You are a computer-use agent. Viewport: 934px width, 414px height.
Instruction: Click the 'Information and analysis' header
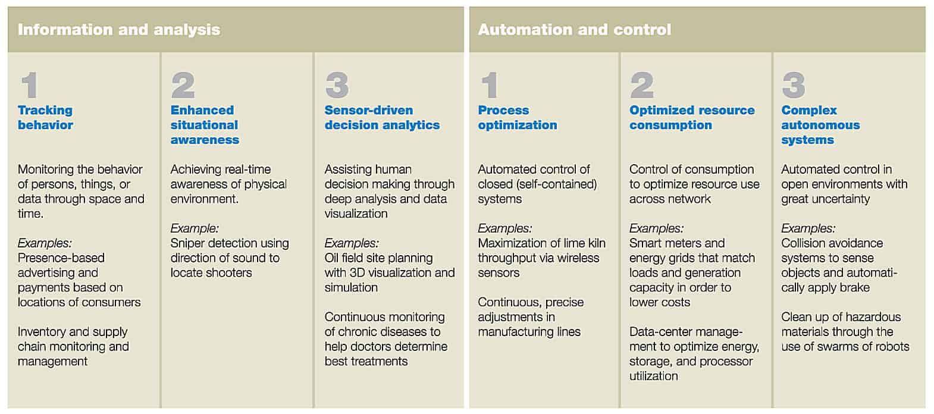[119, 30]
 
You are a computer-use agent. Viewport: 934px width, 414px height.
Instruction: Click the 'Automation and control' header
[574, 30]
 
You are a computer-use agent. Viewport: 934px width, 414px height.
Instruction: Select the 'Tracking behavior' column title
[45, 118]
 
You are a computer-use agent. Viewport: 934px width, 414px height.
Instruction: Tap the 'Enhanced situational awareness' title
[205, 125]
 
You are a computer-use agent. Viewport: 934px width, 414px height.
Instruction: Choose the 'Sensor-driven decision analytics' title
[382, 118]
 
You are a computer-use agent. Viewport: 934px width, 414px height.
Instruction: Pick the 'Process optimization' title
[518, 118]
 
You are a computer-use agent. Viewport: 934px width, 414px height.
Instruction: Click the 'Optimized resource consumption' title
[692, 118]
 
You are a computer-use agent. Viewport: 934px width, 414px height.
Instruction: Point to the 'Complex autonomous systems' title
[820, 125]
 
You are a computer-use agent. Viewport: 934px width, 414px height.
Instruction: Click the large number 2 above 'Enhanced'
[183, 85]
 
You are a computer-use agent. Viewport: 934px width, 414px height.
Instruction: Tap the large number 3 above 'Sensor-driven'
[337, 85]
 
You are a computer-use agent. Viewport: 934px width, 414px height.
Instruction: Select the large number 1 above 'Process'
[490, 85]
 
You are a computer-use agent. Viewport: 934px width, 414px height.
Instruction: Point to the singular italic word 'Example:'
[195, 228]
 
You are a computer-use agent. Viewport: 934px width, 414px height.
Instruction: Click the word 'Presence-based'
[61, 258]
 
